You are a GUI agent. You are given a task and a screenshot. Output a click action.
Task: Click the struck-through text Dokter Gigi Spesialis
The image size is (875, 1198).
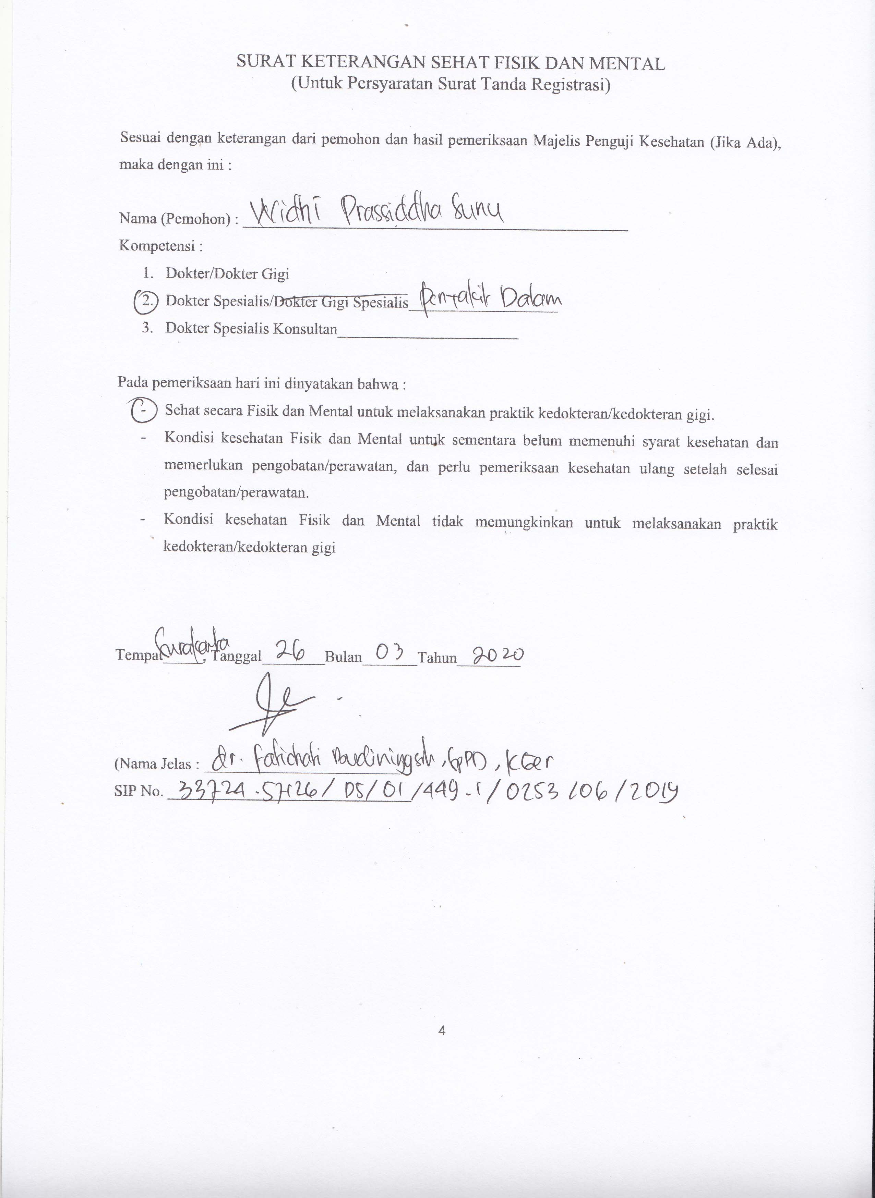click(x=342, y=302)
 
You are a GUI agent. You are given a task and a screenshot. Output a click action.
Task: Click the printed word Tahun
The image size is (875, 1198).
click(x=437, y=658)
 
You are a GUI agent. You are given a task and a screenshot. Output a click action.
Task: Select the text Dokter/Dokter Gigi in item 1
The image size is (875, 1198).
click(x=227, y=274)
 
